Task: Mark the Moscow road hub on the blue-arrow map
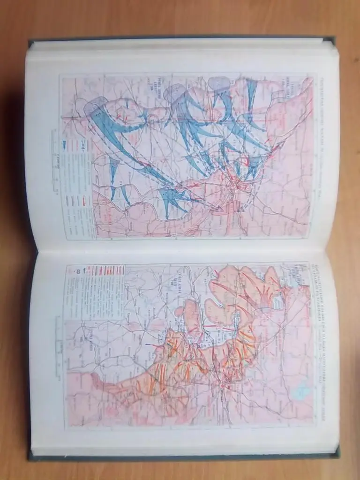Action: pos(233,187)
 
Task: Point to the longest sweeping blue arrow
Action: pos(127,141)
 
